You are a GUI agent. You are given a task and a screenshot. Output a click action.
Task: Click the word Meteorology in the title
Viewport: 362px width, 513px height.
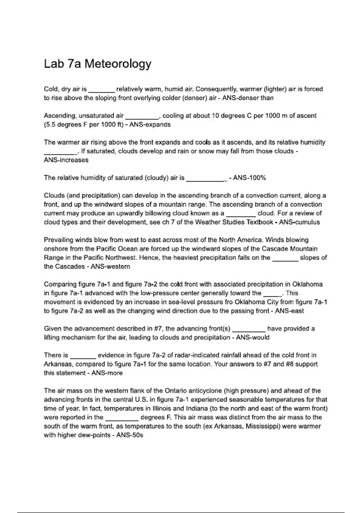(118, 64)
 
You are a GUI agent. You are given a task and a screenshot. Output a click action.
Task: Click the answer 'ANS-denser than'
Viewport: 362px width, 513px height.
(248, 98)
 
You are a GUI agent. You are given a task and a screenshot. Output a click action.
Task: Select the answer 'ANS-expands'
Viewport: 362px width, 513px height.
(150, 125)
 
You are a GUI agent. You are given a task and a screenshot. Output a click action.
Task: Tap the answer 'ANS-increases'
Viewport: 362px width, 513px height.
(66, 160)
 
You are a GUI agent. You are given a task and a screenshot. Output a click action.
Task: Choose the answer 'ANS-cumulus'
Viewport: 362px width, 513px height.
(299, 222)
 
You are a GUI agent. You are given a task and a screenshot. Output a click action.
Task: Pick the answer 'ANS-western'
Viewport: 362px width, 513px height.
(110, 267)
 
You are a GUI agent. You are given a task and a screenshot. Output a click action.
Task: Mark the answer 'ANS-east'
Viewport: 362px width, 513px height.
(289, 311)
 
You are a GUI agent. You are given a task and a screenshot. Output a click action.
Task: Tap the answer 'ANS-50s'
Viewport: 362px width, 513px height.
(130, 435)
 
